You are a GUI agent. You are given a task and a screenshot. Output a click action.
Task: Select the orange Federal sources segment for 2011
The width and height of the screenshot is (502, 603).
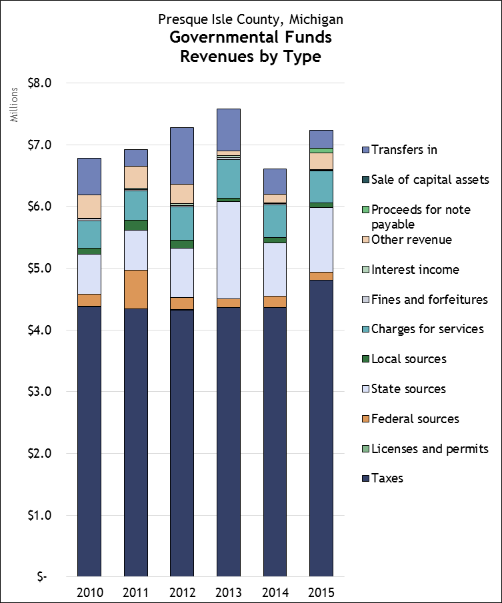[136, 289]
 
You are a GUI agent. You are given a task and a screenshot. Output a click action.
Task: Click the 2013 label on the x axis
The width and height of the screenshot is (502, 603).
[229, 592]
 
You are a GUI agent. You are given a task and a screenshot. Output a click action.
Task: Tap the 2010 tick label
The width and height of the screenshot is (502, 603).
[89, 592]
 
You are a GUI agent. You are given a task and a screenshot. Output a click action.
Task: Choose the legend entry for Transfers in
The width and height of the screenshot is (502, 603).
[404, 150]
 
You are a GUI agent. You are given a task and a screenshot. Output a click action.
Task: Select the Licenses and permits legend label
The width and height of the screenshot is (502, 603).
[430, 449]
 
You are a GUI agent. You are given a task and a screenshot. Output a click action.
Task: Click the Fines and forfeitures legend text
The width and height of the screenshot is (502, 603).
[429, 300]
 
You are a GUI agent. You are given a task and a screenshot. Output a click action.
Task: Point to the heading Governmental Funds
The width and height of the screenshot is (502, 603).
[250, 37]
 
